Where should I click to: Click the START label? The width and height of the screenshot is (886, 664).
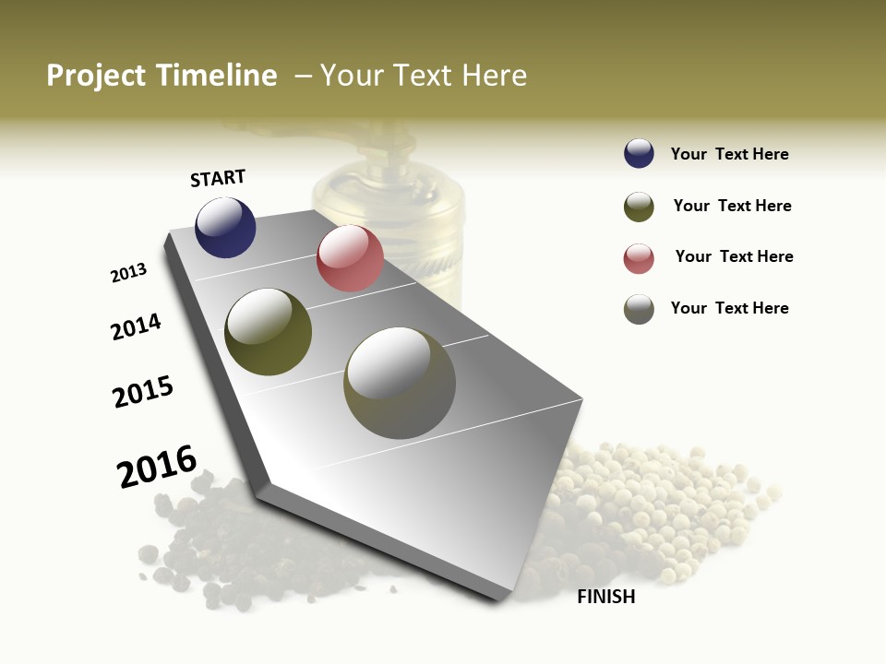pyautogui.click(x=218, y=178)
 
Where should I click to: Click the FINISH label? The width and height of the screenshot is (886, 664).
pyautogui.click(x=605, y=597)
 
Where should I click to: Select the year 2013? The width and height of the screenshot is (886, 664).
pyautogui.click(x=129, y=273)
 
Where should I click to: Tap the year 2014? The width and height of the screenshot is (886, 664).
pyautogui.click(x=136, y=326)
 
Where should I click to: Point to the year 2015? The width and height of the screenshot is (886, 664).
pyautogui.click(x=143, y=392)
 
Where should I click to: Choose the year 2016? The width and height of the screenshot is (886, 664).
pyautogui.click(x=157, y=467)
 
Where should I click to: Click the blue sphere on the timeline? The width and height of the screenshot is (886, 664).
pyautogui.click(x=225, y=227)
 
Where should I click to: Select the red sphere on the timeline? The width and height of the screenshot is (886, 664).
pyautogui.click(x=350, y=258)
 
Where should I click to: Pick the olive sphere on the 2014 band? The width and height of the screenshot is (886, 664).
pyautogui.click(x=268, y=332)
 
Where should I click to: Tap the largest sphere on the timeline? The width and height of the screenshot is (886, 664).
pyautogui.click(x=400, y=383)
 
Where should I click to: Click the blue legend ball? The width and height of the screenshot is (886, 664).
pyautogui.click(x=639, y=154)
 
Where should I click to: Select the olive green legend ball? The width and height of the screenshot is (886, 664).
pyautogui.click(x=639, y=207)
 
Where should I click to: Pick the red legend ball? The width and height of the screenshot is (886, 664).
pyautogui.click(x=639, y=258)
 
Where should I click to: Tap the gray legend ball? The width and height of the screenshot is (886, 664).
pyautogui.click(x=639, y=309)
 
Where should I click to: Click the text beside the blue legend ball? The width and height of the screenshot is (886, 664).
pyautogui.click(x=729, y=154)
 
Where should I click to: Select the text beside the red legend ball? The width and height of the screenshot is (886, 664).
pyautogui.click(x=734, y=256)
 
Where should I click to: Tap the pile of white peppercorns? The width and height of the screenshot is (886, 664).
pyautogui.click(x=646, y=507)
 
